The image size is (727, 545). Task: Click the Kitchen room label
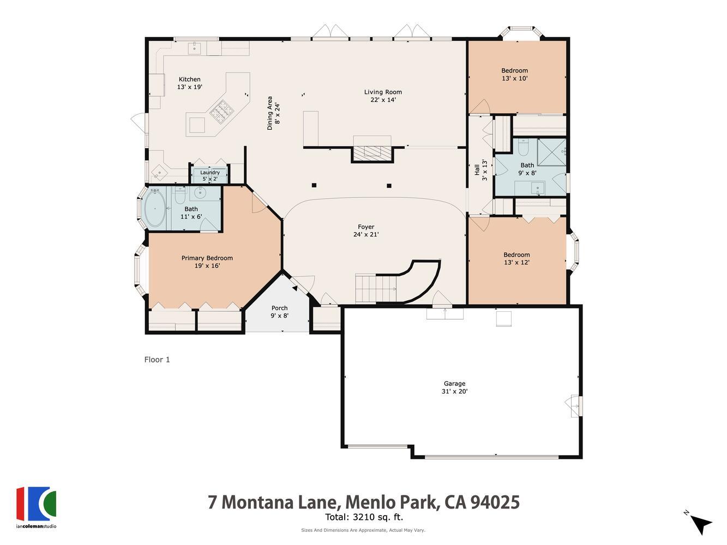(x=189, y=80)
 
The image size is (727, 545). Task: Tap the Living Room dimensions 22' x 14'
(x=383, y=100)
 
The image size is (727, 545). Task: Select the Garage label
(x=454, y=384)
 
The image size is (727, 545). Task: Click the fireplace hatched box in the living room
(x=372, y=153)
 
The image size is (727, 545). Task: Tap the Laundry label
(x=210, y=173)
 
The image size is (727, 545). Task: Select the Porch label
(x=279, y=308)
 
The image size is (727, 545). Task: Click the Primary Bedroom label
(x=207, y=258)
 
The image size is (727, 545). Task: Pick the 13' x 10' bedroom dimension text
(x=514, y=78)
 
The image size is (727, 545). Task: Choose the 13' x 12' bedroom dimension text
(x=516, y=263)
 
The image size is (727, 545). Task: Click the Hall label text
(x=477, y=170)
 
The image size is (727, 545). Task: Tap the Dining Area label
(x=269, y=113)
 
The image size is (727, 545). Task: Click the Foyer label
(x=366, y=227)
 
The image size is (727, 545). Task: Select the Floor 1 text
(x=157, y=360)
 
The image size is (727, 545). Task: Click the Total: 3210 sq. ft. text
(x=364, y=518)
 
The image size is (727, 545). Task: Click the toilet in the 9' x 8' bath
(x=523, y=148)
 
